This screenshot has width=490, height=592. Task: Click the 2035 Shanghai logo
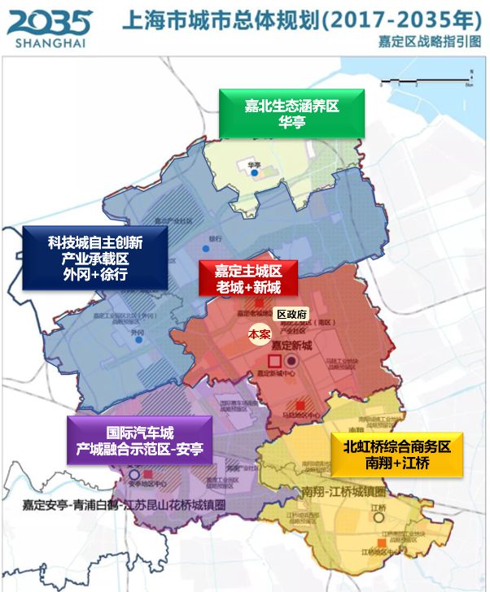click(50, 28)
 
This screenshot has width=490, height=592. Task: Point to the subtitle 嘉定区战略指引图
click(429, 41)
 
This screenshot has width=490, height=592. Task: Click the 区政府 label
click(291, 314)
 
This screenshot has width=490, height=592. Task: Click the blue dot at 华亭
click(255, 172)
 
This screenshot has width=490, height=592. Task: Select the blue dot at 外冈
click(139, 340)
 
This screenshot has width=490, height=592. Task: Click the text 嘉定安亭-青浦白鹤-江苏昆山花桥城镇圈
click(125, 504)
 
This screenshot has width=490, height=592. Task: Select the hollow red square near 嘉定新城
click(274, 360)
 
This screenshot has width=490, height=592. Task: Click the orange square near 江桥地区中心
click(383, 542)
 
